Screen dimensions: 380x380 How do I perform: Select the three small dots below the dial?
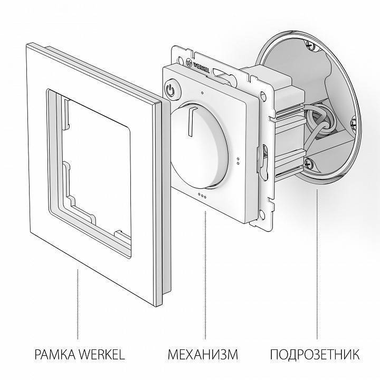point(202,195)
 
